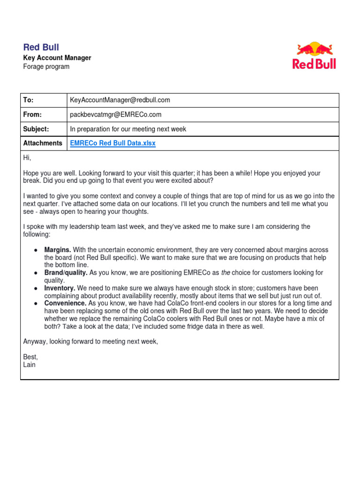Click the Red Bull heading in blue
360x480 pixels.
(41, 47)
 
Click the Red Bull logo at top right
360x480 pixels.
(314, 56)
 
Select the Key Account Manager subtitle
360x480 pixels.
(57, 58)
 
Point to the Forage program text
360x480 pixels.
(46, 67)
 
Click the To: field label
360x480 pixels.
(28, 100)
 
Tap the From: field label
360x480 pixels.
(32, 114)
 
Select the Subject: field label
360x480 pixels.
(36, 129)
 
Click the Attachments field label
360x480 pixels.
(43, 143)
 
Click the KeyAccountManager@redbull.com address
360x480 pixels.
(120, 100)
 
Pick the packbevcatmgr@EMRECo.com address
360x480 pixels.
(116, 114)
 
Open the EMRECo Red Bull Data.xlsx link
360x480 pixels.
(112, 143)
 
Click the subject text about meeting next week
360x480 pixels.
(128, 129)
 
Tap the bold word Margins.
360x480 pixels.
(58, 250)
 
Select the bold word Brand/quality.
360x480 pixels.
(66, 272)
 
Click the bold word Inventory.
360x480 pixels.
(60, 288)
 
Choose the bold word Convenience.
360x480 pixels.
(65, 303)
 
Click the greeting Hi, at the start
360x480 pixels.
(27, 158)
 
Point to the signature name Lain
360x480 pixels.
(29, 364)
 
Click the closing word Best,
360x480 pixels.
(30, 357)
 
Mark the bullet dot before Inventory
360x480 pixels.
(36, 288)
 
